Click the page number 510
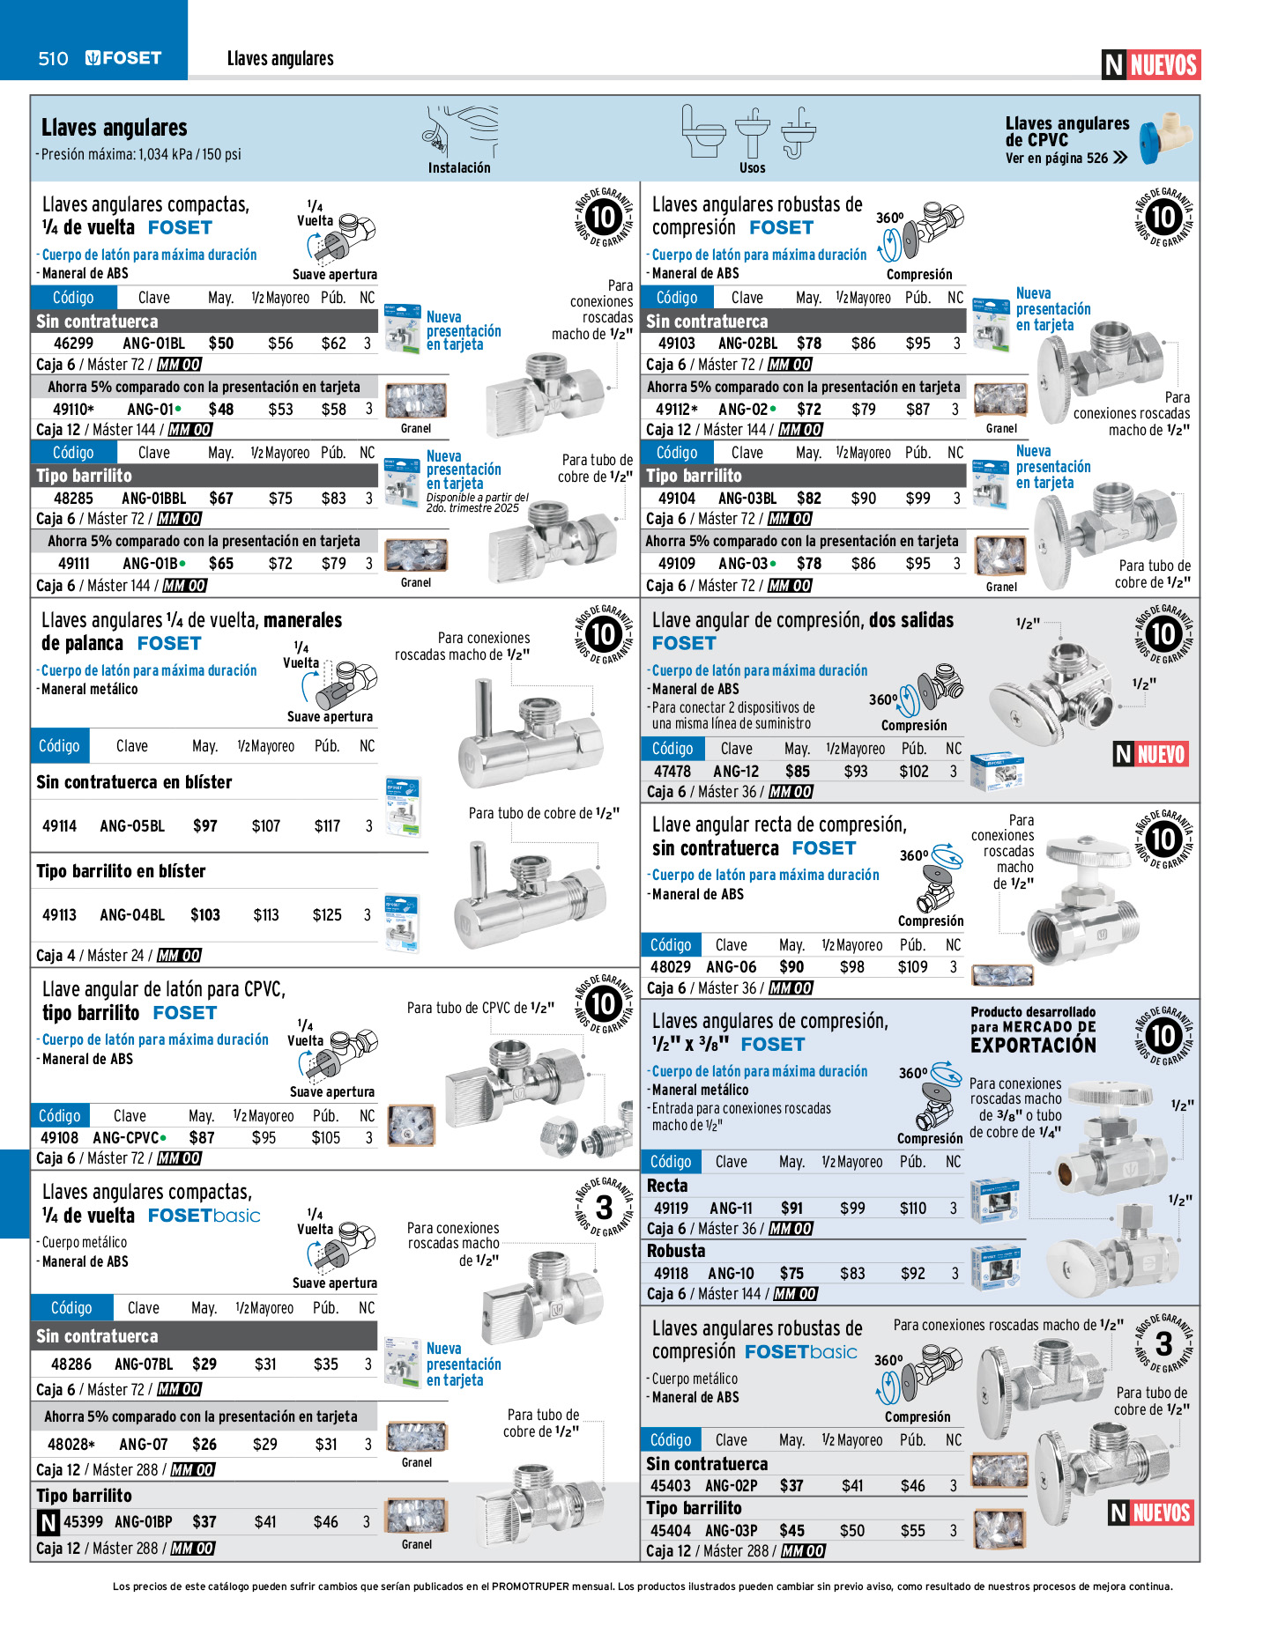53,59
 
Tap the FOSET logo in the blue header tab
123,59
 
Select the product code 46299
73,344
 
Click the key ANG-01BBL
153,499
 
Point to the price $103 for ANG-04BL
205,915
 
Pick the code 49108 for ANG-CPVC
59,1138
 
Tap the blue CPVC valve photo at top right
1165,139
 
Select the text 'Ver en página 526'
1057,159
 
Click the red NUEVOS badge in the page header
1163,65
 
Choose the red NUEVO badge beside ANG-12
1160,755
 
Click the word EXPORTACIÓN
1033,1046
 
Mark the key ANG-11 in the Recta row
731,1209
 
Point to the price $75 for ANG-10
791,1274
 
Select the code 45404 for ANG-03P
671,1531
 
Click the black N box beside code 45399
48,1522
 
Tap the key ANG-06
731,967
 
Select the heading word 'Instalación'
459,168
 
